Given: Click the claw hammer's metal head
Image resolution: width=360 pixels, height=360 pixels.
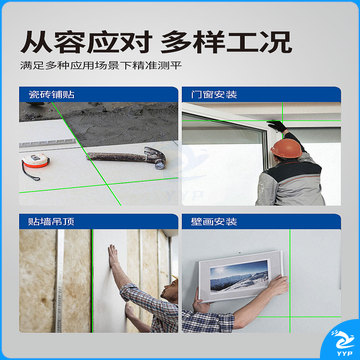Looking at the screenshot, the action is [x=156, y=157].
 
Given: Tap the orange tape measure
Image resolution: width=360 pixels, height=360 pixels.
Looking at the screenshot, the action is [x=35, y=161].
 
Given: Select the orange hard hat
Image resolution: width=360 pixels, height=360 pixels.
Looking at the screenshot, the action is [x=286, y=148].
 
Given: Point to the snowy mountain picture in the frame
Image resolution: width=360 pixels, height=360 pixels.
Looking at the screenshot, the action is [x=239, y=276].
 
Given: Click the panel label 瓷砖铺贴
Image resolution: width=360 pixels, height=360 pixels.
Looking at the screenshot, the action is [x=52, y=95].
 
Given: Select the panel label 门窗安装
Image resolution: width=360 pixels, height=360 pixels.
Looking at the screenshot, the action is [x=214, y=95].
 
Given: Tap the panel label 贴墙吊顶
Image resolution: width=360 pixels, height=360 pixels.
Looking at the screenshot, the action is [x=52, y=222].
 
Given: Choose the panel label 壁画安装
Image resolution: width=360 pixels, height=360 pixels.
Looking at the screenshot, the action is [x=214, y=222].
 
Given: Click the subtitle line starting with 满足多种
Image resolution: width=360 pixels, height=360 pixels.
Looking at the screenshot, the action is [x=101, y=65].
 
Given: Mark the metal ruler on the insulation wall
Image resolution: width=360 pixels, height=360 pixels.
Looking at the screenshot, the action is [x=60, y=281].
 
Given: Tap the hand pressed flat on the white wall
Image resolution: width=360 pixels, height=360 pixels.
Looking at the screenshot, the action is [x=113, y=256].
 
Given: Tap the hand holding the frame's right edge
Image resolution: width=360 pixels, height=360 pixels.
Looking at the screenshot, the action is [x=278, y=286].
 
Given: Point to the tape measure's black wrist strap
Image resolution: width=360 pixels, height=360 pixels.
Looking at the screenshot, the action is [x=31, y=174].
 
